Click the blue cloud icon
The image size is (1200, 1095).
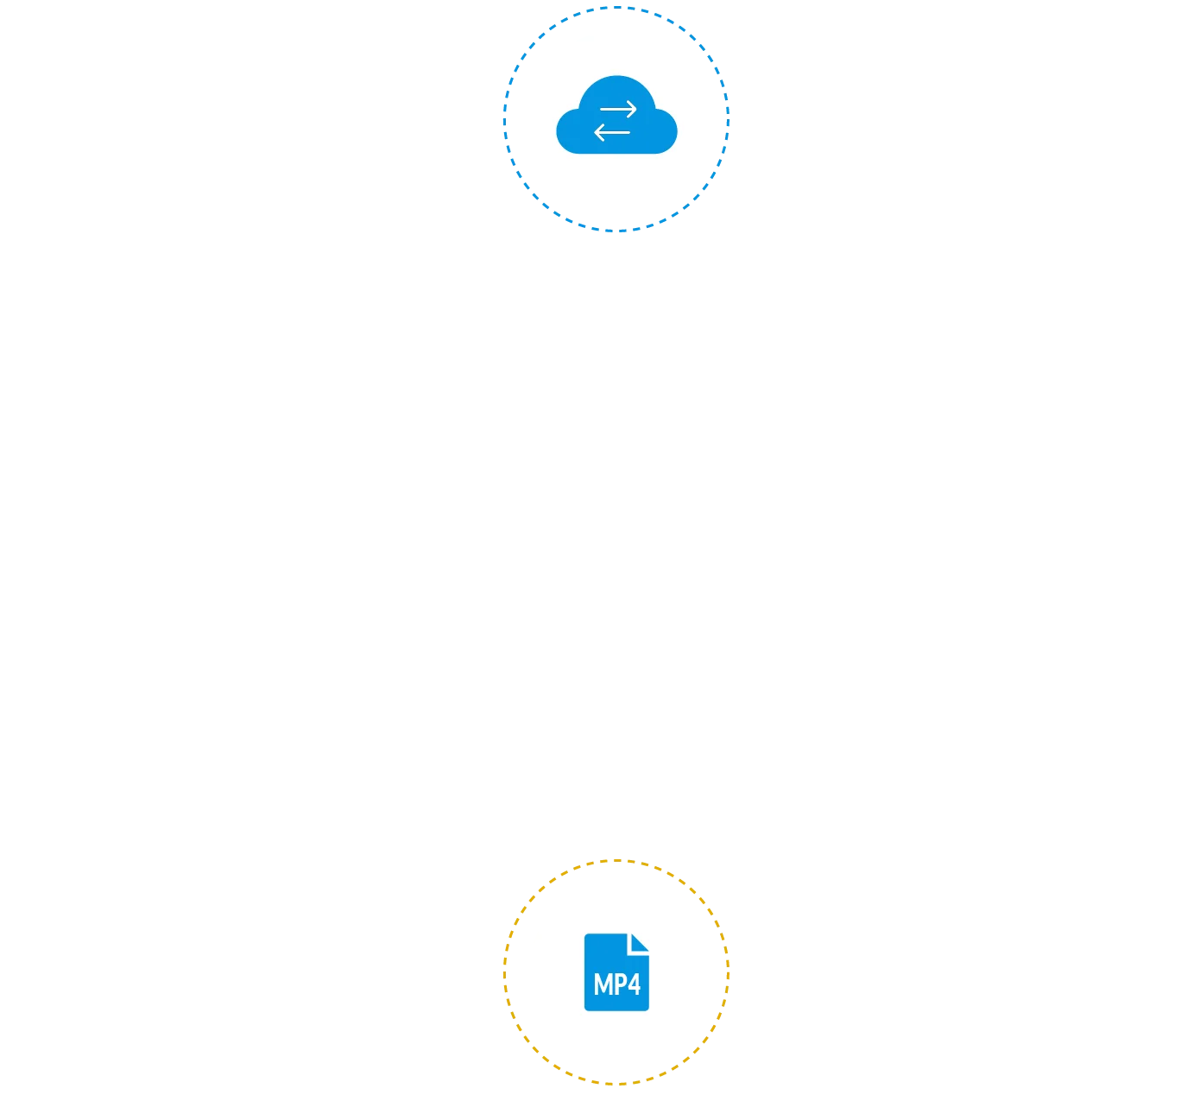tap(616, 121)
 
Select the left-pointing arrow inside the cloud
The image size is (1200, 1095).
tap(612, 133)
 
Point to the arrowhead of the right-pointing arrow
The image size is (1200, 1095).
tap(634, 110)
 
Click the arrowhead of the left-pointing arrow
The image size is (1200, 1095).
tap(597, 133)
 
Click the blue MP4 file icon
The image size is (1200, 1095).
tap(616, 972)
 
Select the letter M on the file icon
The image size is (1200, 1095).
tap(603, 984)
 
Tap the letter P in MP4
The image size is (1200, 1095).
tap(619, 984)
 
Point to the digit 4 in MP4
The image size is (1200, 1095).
tap(634, 984)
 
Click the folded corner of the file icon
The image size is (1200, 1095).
tap(639, 942)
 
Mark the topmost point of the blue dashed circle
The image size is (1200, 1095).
tap(616, 9)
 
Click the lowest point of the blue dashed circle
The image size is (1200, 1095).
tap(616, 231)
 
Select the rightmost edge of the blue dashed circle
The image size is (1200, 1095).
tap(728, 120)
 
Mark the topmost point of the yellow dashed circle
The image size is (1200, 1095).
tap(616, 861)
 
